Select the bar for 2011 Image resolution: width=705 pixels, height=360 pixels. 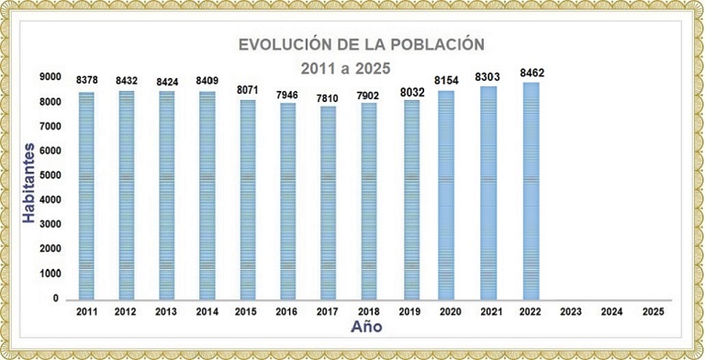tap(86, 195)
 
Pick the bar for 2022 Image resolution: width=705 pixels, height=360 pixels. tap(531, 190)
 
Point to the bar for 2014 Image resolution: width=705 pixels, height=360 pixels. tap(207, 195)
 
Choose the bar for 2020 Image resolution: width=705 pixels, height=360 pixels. tap(450, 194)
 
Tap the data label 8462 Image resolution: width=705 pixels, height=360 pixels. tap(531, 73)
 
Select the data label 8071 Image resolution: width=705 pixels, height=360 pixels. tap(248, 91)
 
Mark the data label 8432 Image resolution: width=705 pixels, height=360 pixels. tap(127, 81)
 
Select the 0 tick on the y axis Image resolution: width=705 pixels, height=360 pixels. tap(56, 298)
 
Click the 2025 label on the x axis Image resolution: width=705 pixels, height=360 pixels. tap(652, 312)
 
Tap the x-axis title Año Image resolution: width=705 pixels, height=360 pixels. tap(367, 326)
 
